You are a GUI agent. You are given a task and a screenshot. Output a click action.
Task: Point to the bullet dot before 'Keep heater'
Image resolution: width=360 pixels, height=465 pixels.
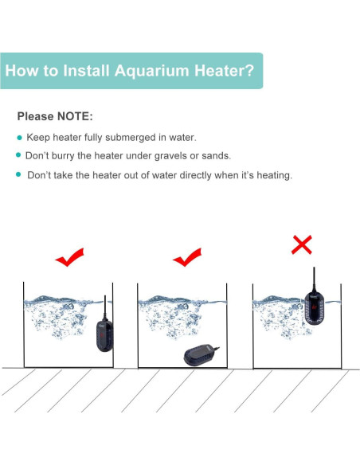coord(19,138)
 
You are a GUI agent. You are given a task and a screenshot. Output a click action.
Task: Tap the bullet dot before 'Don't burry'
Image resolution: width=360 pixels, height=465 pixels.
coord(19,155)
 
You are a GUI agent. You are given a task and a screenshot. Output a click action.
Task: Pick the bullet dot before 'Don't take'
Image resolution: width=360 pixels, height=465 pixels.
coord(19,174)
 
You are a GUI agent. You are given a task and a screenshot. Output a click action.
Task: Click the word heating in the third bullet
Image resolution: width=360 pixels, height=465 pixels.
coord(271,174)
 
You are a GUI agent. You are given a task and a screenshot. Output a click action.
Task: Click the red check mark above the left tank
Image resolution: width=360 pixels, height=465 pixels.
coord(69,259)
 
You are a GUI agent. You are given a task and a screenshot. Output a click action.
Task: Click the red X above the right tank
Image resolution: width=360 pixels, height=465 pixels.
coord(302,244)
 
